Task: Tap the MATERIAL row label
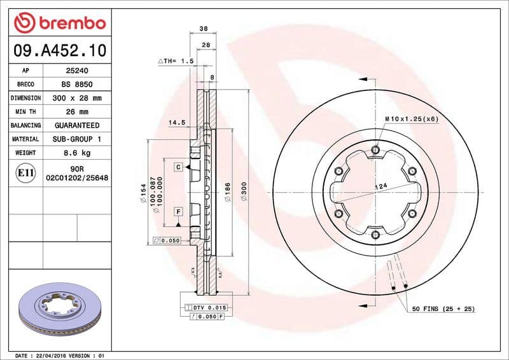(x=26, y=139)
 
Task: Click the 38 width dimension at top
(x=204, y=29)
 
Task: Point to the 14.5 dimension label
(x=176, y=122)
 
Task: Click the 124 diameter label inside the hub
(x=380, y=186)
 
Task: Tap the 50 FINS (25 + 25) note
(x=444, y=308)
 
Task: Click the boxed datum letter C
(x=179, y=167)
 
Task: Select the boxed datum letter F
(x=179, y=211)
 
